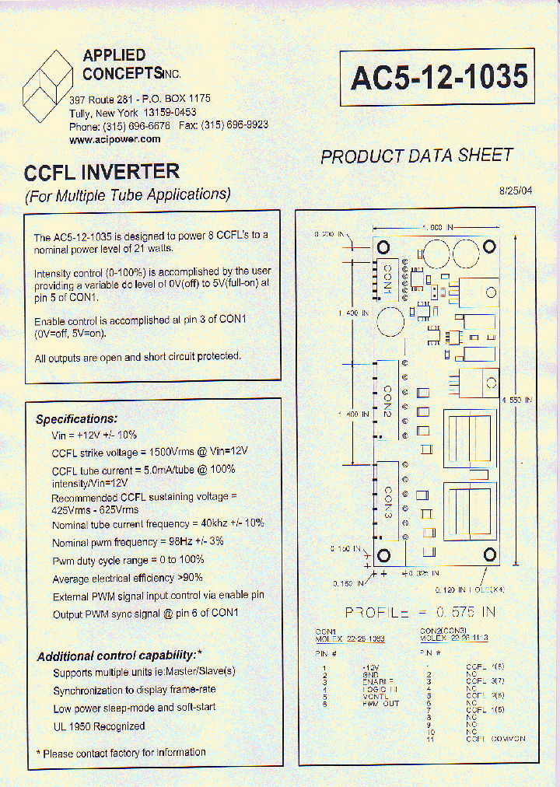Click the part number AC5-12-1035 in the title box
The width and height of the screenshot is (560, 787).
click(x=439, y=77)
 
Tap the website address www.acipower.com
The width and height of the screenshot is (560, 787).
click(x=115, y=139)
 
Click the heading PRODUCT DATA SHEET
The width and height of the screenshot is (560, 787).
click(x=417, y=156)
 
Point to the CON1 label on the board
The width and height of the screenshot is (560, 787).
click(x=387, y=278)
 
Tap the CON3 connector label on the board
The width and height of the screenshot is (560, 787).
click(x=387, y=504)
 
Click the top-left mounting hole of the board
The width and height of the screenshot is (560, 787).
click(x=383, y=247)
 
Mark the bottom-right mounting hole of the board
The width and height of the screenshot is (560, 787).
click(x=490, y=554)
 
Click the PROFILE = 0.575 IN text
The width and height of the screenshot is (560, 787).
click(x=420, y=612)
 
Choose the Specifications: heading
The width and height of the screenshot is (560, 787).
click(x=77, y=419)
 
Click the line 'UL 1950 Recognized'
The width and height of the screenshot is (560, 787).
click(x=99, y=726)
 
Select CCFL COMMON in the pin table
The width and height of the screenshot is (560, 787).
click(x=495, y=738)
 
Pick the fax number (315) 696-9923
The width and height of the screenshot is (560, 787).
click(x=236, y=125)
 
